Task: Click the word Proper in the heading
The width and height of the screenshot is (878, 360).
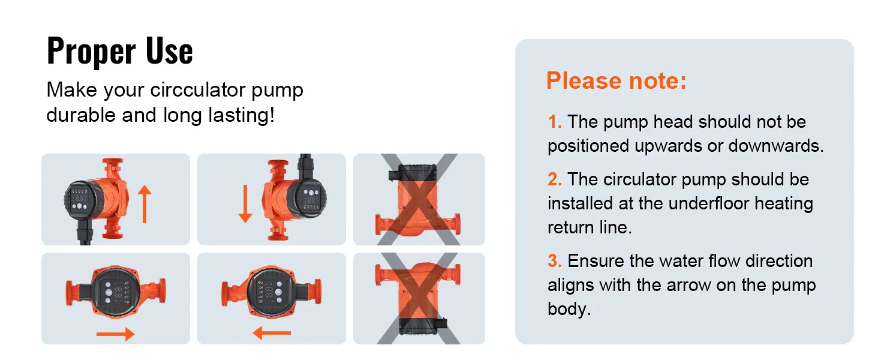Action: tap(91, 50)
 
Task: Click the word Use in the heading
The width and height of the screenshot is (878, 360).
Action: tap(169, 50)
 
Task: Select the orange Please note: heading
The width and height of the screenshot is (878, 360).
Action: tap(616, 80)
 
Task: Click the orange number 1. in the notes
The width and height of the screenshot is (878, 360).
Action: tap(555, 122)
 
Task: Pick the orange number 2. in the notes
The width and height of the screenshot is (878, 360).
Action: tap(555, 179)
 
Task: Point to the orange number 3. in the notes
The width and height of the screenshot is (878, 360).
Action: tap(555, 261)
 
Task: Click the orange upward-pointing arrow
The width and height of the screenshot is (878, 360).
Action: tap(145, 205)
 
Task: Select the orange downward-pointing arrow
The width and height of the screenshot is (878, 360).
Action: tap(245, 204)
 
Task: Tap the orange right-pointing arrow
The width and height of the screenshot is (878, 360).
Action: tap(115, 334)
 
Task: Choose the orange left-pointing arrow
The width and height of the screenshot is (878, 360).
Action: tap(272, 334)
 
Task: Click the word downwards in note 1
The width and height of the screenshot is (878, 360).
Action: tap(776, 146)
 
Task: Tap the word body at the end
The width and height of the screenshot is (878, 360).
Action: tap(569, 309)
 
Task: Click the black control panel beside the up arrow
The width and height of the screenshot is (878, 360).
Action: tap(80, 201)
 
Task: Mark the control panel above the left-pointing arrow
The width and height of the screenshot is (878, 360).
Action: tap(270, 291)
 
